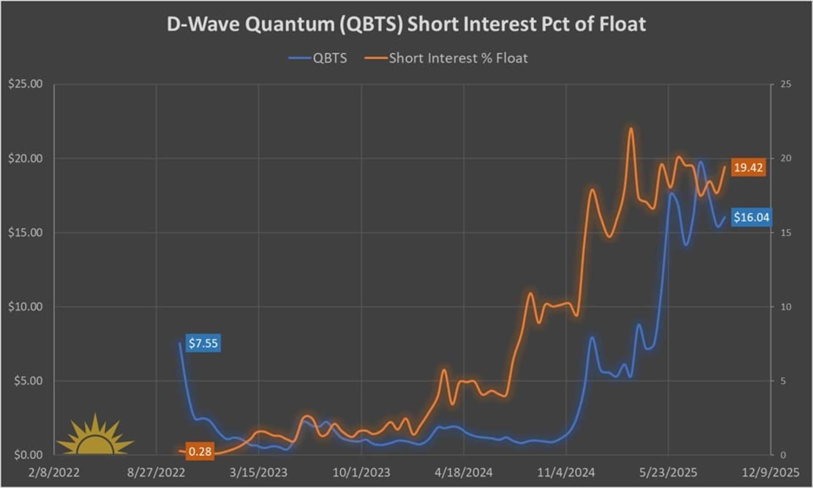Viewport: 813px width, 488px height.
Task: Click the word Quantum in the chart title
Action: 291,24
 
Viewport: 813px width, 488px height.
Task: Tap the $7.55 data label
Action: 203,343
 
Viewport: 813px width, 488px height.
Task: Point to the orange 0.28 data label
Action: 199,451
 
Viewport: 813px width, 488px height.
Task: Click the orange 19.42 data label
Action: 748,168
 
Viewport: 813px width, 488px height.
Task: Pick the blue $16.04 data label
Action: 751,217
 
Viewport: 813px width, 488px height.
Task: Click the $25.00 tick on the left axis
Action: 25,84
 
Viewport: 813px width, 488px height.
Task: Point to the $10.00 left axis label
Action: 25,307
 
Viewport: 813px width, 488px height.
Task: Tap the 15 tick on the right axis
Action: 786,233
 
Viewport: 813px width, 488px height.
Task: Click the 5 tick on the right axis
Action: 783,381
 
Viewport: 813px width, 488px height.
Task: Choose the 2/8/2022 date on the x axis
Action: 54,473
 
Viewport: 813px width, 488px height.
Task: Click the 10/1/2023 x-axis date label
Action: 361,473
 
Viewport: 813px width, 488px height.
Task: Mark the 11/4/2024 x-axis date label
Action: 566,473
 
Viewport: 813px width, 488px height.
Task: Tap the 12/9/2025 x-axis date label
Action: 770,473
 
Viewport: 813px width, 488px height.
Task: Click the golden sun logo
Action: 95,436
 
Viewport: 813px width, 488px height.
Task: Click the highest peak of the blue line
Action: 701,161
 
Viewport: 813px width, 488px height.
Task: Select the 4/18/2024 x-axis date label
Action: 463,473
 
